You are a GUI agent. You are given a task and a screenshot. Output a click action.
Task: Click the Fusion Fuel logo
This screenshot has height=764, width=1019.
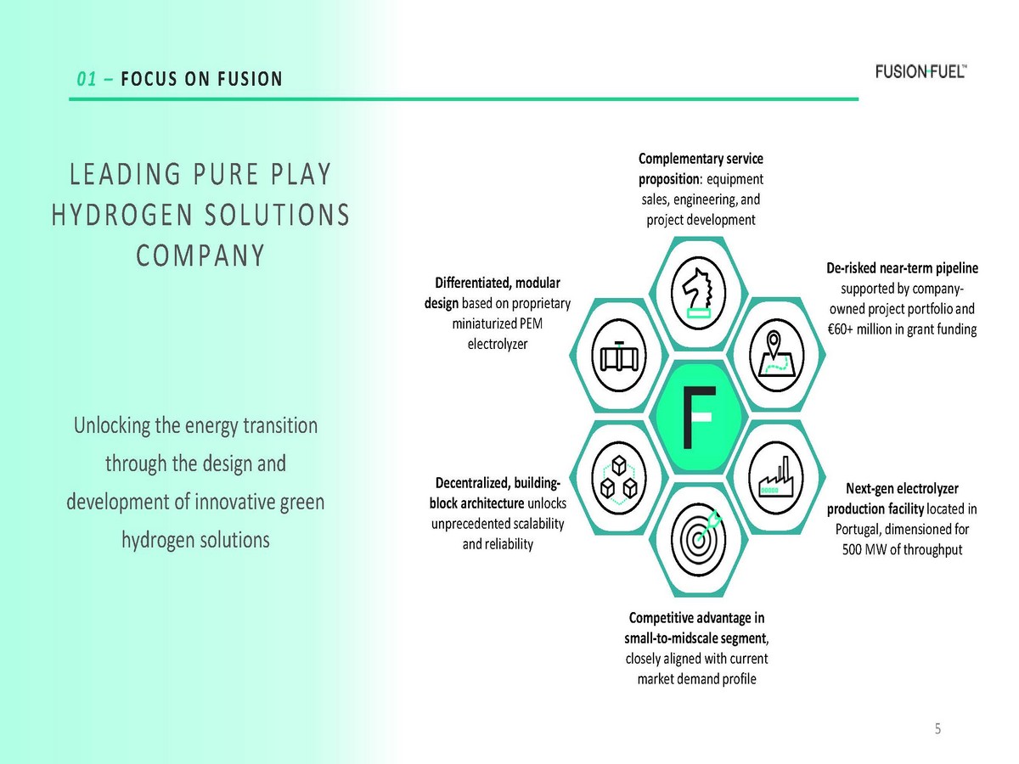click(920, 71)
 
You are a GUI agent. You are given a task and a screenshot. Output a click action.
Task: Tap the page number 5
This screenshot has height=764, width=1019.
click(938, 728)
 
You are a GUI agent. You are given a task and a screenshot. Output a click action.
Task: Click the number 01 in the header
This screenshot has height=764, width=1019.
click(84, 80)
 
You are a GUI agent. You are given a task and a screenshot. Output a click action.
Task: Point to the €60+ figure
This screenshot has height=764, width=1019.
click(842, 329)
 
